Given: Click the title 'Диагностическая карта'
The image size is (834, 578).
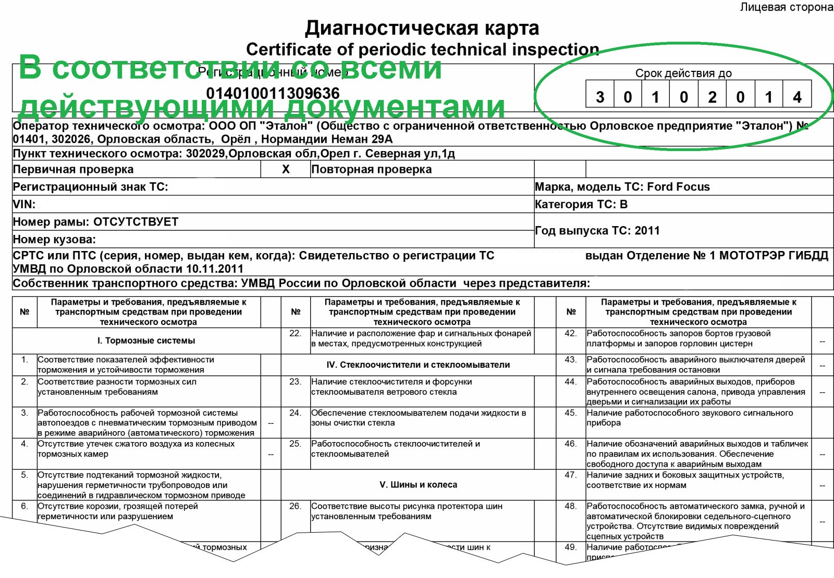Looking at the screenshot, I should click(422, 28).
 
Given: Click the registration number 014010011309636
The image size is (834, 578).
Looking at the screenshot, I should click(273, 93).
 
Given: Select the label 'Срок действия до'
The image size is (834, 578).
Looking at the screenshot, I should click(683, 73).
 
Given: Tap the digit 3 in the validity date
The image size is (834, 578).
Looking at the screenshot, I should click(600, 97).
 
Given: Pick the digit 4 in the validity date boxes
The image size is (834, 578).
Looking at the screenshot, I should click(797, 97).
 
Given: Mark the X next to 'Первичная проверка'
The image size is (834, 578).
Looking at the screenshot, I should click(286, 169).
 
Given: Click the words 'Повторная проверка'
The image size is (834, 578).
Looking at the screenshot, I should click(371, 169).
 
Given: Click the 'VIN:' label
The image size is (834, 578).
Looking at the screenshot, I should click(24, 205).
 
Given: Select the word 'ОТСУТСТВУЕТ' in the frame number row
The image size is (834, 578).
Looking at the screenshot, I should click(136, 222).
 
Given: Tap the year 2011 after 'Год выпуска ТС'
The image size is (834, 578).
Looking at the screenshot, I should click(647, 231).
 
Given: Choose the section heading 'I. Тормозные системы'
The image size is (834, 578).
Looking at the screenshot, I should click(146, 341).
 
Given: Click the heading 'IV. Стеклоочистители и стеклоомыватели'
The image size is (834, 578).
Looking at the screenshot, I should click(418, 365).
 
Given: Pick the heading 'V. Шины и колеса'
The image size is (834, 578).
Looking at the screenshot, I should click(418, 485).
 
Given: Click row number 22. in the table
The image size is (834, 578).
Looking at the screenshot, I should click(296, 333).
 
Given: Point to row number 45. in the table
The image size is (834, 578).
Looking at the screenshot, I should click(571, 413).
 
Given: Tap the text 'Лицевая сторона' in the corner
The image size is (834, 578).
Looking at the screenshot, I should click(786, 7).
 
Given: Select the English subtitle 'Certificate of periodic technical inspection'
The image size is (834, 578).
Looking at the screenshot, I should click(422, 49).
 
